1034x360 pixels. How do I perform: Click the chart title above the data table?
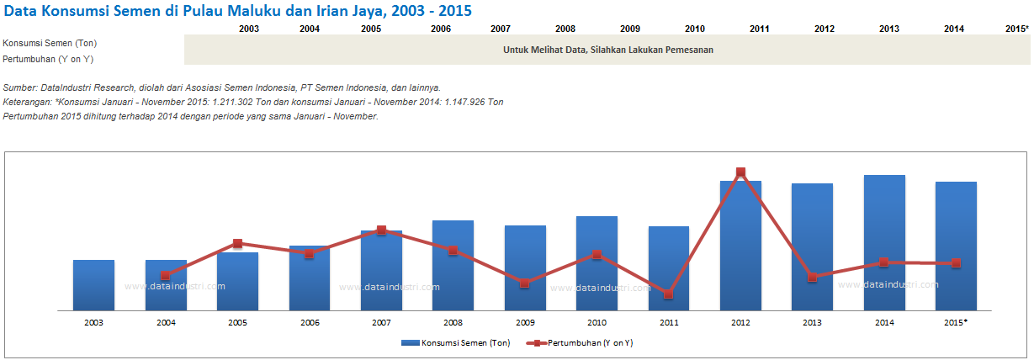coord(237,11)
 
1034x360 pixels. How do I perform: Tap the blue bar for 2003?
coord(93,285)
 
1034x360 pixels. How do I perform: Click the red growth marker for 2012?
coord(741,172)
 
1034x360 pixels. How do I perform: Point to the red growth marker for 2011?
coord(668,294)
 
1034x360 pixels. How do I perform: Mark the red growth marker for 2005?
coord(237,244)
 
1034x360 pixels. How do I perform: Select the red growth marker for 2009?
coord(524,283)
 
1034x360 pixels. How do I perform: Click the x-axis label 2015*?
coord(956,322)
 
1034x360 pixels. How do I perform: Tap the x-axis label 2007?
coord(381,322)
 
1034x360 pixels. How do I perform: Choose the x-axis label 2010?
coord(597,322)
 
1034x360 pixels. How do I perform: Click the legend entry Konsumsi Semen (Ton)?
coord(455,343)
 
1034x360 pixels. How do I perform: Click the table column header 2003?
coord(249,29)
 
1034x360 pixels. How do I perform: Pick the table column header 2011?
coord(760,29)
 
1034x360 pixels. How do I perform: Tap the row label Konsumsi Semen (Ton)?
coord(49,43)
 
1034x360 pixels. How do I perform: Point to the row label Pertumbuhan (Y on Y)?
coord(48,58)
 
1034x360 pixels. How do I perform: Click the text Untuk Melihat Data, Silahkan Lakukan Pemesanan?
coord(608,50)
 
